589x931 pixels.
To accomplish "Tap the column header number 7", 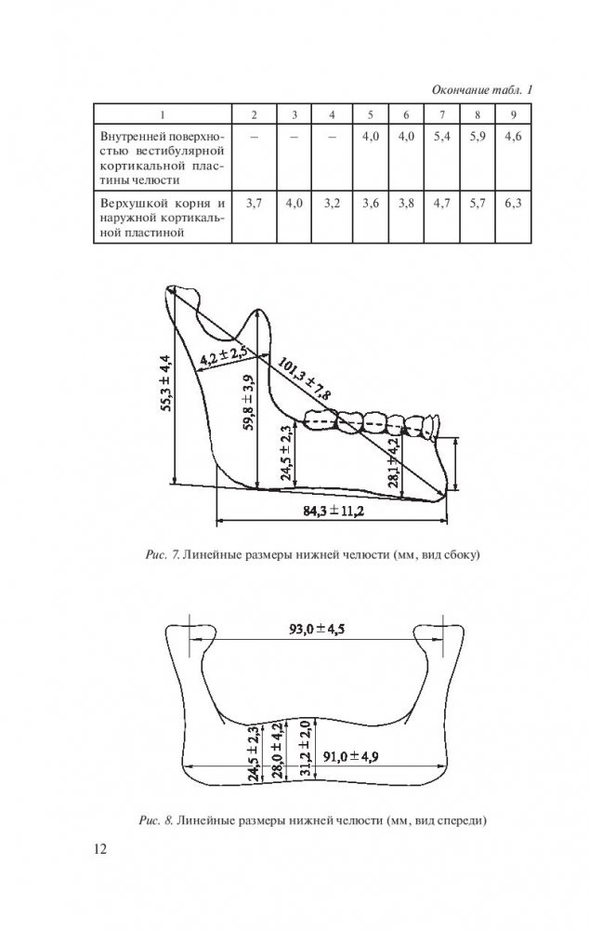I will [x=442, y=114].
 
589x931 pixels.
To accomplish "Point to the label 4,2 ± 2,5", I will [x=222, y=354].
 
